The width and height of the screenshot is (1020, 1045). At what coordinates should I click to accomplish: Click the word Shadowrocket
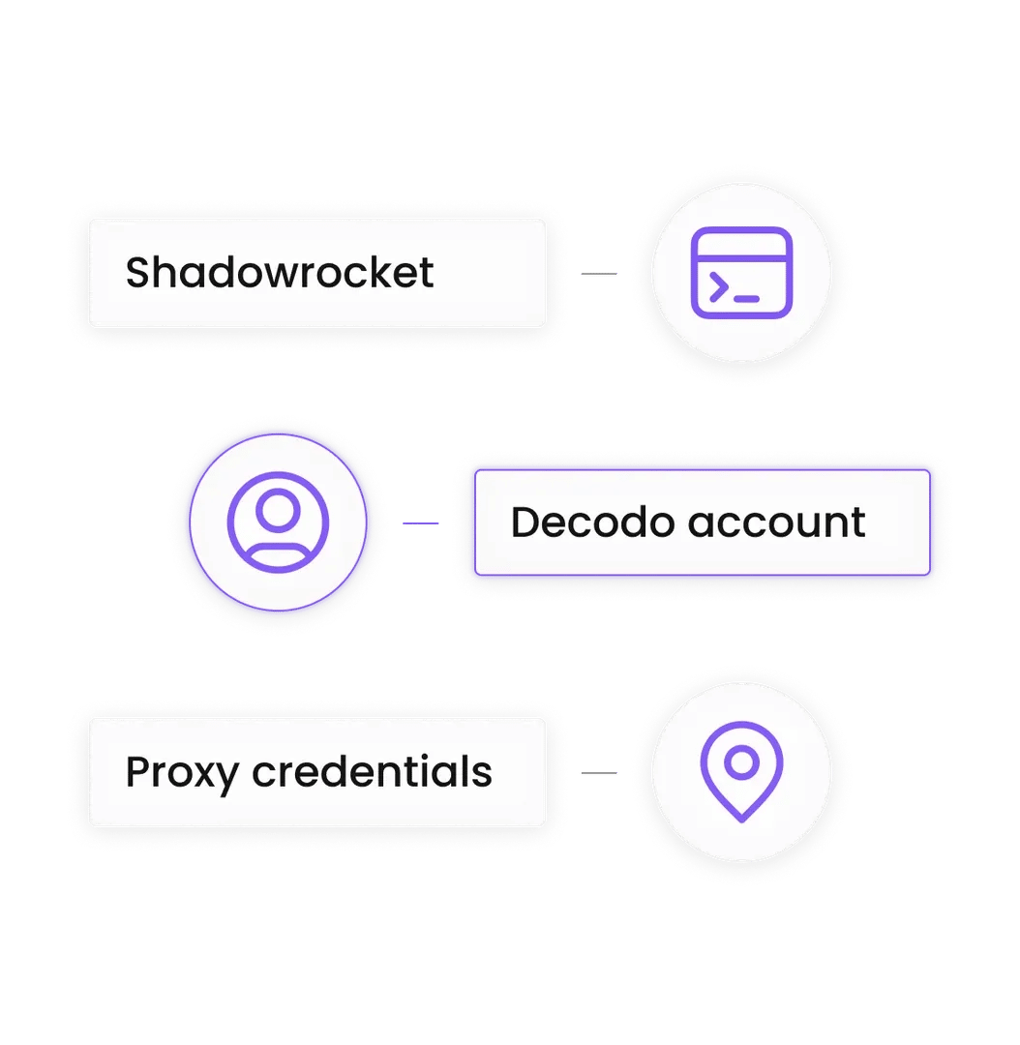click(x=280, y=273)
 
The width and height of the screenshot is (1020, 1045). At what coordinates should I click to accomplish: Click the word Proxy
click(x=181, y=773)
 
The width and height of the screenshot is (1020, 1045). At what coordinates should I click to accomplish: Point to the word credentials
click(x=372, y=771)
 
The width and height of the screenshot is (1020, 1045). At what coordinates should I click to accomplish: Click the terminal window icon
click(x=741, y=273)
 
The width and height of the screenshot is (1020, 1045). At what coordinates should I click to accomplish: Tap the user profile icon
click(x=278, y=522)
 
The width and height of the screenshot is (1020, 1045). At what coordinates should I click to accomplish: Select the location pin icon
click(x=741, y=771)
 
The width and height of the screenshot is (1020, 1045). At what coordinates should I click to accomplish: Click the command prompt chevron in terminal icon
click(x=718, y=287)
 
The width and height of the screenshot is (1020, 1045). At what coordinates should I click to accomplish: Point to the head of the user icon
click(x=278, y=511)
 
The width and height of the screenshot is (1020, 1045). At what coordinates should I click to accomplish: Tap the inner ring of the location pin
click(x=741, y=761)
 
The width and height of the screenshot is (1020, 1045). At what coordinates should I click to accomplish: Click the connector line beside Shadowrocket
click(x=599, y=274)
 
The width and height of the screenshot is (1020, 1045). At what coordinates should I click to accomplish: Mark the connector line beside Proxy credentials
click(x=599, y=773)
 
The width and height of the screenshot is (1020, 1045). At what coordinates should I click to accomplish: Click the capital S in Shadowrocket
click(x=138, y=273)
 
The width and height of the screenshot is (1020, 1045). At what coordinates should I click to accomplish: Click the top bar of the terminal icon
click(x=741, y=242)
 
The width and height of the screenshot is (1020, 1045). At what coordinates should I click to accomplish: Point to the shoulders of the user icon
click(x=278, y=552)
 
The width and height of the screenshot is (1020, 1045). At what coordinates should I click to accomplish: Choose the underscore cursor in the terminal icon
click(x=746, y=298)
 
